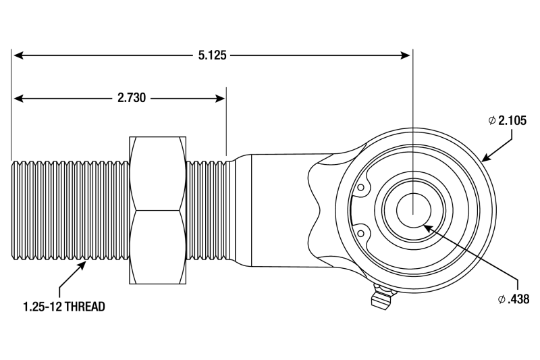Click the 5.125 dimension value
(x=211, y=55)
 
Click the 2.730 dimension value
(x=132, y=98)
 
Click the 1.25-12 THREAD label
(x=63, y=306)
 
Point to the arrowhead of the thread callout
(x=84, y=264)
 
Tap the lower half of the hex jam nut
(x=158, y=246)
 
